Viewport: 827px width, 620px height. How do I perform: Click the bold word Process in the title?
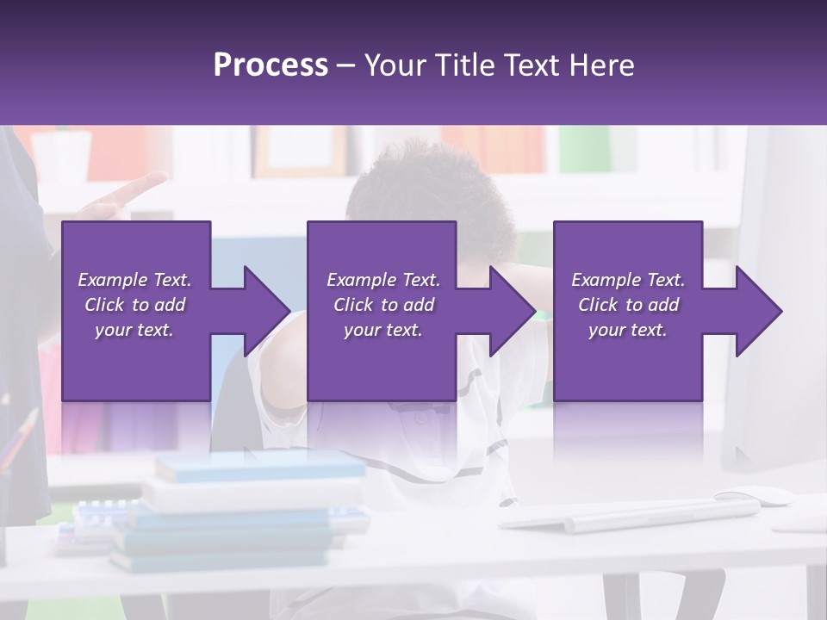pyautogui.click(x=270, y=65)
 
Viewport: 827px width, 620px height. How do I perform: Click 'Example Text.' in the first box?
pyautogui.click(x=134, y=280)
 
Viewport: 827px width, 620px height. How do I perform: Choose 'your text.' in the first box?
pyautogui.click(x=134, y=330)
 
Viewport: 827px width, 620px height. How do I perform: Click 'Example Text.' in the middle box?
pyautogui.click(x=382, y=280)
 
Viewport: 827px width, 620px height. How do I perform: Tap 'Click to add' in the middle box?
pyautogui.click(x=382, y=305)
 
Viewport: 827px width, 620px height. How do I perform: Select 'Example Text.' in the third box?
pyautogui.click(x=628, y=280)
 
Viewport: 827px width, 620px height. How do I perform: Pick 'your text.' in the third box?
pyautogui.click(x=628, y=330)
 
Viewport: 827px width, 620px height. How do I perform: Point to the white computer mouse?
pyautogui.click(x=755, y=497)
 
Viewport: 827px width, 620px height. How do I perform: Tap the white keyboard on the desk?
pyautogui.click(x=629, y=516)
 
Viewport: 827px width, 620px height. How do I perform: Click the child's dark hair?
pyautogui.click(x=431, y=189)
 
